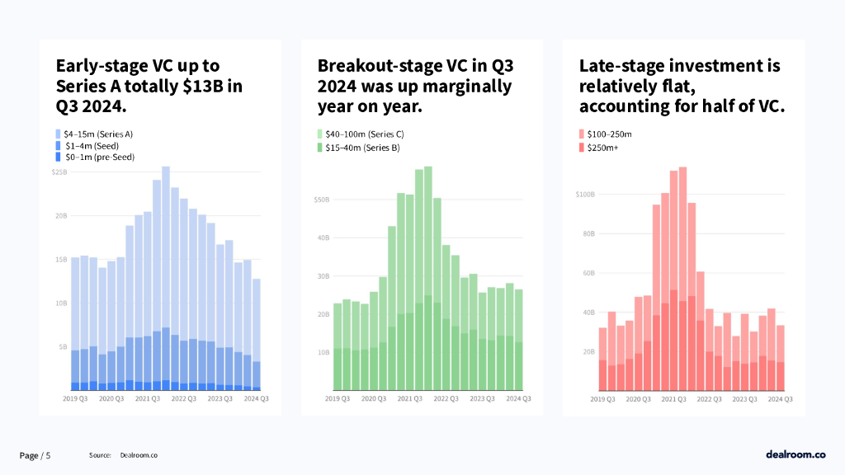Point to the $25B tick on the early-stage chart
pyautogui.click(x=59, y=172)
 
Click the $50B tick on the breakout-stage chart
pyautogui.click(x=322, y=200)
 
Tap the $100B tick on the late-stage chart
pyautogui.click(x=585, y=195)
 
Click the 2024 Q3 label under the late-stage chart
pyautogui.click(x=781, y=398)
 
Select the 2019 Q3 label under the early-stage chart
pyautogui.click(x=75, y=398)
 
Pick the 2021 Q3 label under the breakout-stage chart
pyautogui.click(x=409, y=398)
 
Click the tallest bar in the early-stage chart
pyautogui.click(x=166, y=280)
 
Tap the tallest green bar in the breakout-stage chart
pyautogui.click(x=427, y=280)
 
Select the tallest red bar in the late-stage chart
pyautogui.click(x=682, y=280)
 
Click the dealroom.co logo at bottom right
pyautogui.click(x=795, y=454)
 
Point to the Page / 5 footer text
pyautogui.click(x=35, y=455)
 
